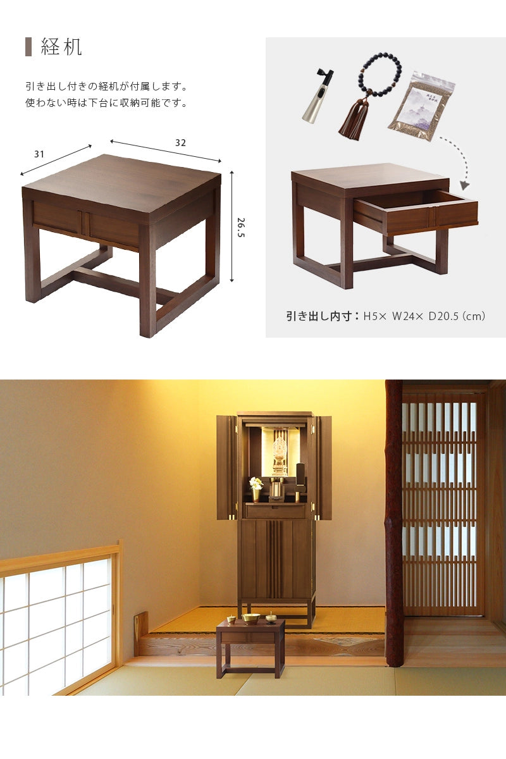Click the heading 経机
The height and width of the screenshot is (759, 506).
point(61,47)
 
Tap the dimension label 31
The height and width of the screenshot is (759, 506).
point(39,154)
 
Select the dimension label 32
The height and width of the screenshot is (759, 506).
point(181,143)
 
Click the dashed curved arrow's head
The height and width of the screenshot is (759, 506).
point(465,185)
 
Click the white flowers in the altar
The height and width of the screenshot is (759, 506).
point(256,483)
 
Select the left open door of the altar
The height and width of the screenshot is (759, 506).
point(226,467)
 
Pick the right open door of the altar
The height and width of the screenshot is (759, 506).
point(323,467)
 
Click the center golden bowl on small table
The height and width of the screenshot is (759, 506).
point(251,618)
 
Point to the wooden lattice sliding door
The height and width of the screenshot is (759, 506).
point(441,503)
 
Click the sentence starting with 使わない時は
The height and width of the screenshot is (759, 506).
point(106,103)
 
